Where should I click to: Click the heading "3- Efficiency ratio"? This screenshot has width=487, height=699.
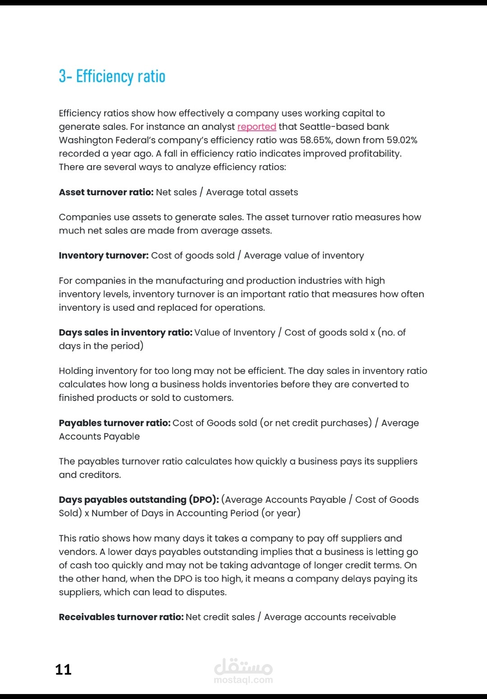click(112, 76)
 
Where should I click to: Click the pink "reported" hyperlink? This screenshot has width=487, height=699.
click(257, 127)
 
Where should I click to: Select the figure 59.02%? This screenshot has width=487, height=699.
click(402, 140)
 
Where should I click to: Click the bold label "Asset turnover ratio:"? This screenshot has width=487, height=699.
click(106, 192)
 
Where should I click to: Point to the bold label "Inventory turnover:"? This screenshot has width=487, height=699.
click(103, 256)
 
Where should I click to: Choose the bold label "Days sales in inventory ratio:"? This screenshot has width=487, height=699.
click(125, 332)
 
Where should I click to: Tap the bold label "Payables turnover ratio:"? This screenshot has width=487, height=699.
click(115, 423)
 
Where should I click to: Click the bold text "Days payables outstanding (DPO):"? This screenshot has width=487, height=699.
click(139, 500)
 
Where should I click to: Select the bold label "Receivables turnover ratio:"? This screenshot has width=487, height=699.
click(121, 617)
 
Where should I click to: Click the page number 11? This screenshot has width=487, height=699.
click(63, 669)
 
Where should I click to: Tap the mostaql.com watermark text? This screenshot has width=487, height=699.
click(243, 680)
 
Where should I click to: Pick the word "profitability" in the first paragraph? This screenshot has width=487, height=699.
click(374, 154)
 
